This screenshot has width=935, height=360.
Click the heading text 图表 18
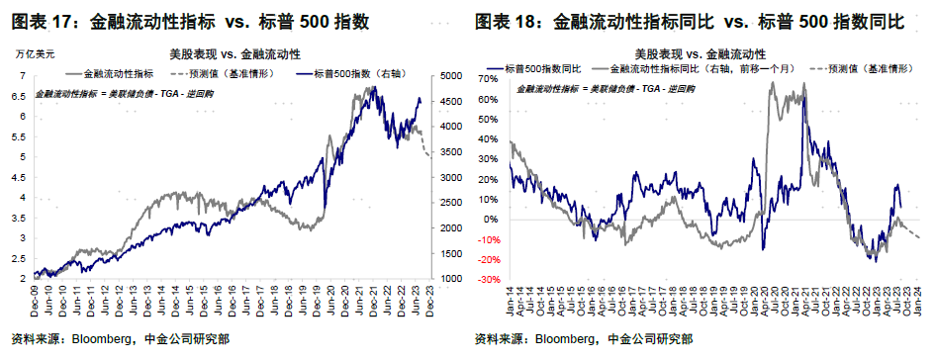point(509,21)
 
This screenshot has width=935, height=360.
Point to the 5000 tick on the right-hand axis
point(448,76)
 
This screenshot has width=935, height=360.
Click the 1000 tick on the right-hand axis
point(448,279)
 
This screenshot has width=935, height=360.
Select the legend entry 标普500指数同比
point(542,69)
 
